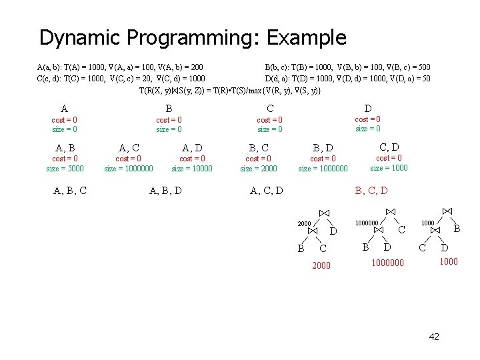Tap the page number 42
(433, 337)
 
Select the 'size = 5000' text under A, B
(65, 168)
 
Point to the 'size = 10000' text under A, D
(192, 168)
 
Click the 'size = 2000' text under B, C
(259, 168)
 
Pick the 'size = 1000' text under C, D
(389, 167)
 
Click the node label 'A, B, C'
(69, 191)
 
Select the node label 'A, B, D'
(166, 191)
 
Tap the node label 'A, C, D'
(266, 191)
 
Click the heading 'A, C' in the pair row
(129, 147)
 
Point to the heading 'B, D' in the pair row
(323, 147)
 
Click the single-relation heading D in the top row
(368, 108)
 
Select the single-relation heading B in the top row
(169, 109)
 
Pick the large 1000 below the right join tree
(447, 262)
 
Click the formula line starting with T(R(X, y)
(230, 90)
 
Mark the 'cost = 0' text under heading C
(271, 120)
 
